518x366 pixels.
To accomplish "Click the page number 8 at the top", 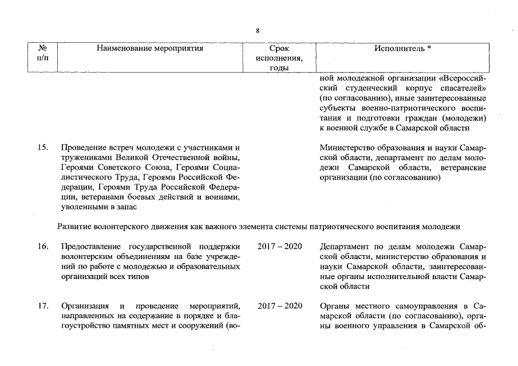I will [x=258, y=30].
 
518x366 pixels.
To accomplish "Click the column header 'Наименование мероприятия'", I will [x=150, y=49].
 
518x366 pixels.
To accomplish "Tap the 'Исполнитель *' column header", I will [x=402, y=49].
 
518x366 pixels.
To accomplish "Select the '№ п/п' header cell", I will [x=42, y=53].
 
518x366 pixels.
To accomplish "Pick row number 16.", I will [x=42, y=246].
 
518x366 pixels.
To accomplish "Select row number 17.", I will [x=42, y=305].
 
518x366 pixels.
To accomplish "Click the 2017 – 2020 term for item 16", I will [x=279, y=246].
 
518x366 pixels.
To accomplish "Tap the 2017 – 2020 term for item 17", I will [x=279, y=305].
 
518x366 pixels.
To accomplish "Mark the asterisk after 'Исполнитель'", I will [x=429, y=49].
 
